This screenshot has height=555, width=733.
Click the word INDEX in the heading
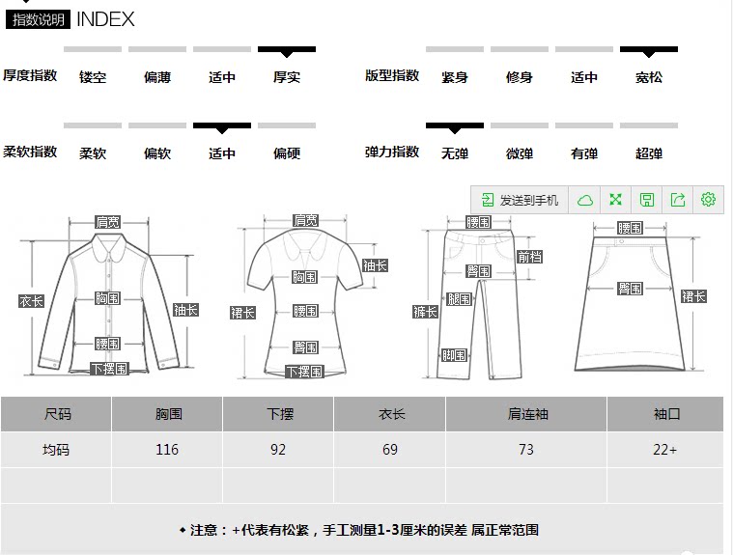coord(105,19)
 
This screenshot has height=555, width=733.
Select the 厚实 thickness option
coord(287,77)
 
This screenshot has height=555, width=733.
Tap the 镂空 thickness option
coord(93,77)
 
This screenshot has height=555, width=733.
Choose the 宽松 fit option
coord(649,77)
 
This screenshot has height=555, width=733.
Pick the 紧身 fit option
coord(455,77)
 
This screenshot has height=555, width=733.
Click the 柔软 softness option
coord(93,153)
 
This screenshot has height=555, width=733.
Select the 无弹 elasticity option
coord(455,153)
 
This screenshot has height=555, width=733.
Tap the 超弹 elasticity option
coord(649,153)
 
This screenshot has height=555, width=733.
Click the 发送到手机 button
coord(520,200)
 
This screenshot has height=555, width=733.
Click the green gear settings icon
coord(708,200)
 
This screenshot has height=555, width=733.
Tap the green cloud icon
coord(584,200)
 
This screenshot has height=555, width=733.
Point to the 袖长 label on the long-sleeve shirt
coord(185,310)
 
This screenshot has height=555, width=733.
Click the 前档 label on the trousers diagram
coord(529,257)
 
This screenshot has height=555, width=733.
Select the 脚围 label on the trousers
coord(454,355)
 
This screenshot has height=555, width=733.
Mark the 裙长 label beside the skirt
coord(693,296)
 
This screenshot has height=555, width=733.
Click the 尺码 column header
coord(57,414)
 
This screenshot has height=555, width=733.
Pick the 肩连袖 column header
coord(526,414)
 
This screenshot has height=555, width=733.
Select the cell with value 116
coord(167,450)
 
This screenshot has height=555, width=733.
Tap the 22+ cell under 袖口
coord(665,450)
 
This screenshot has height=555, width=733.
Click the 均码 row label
coord(57,450)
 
